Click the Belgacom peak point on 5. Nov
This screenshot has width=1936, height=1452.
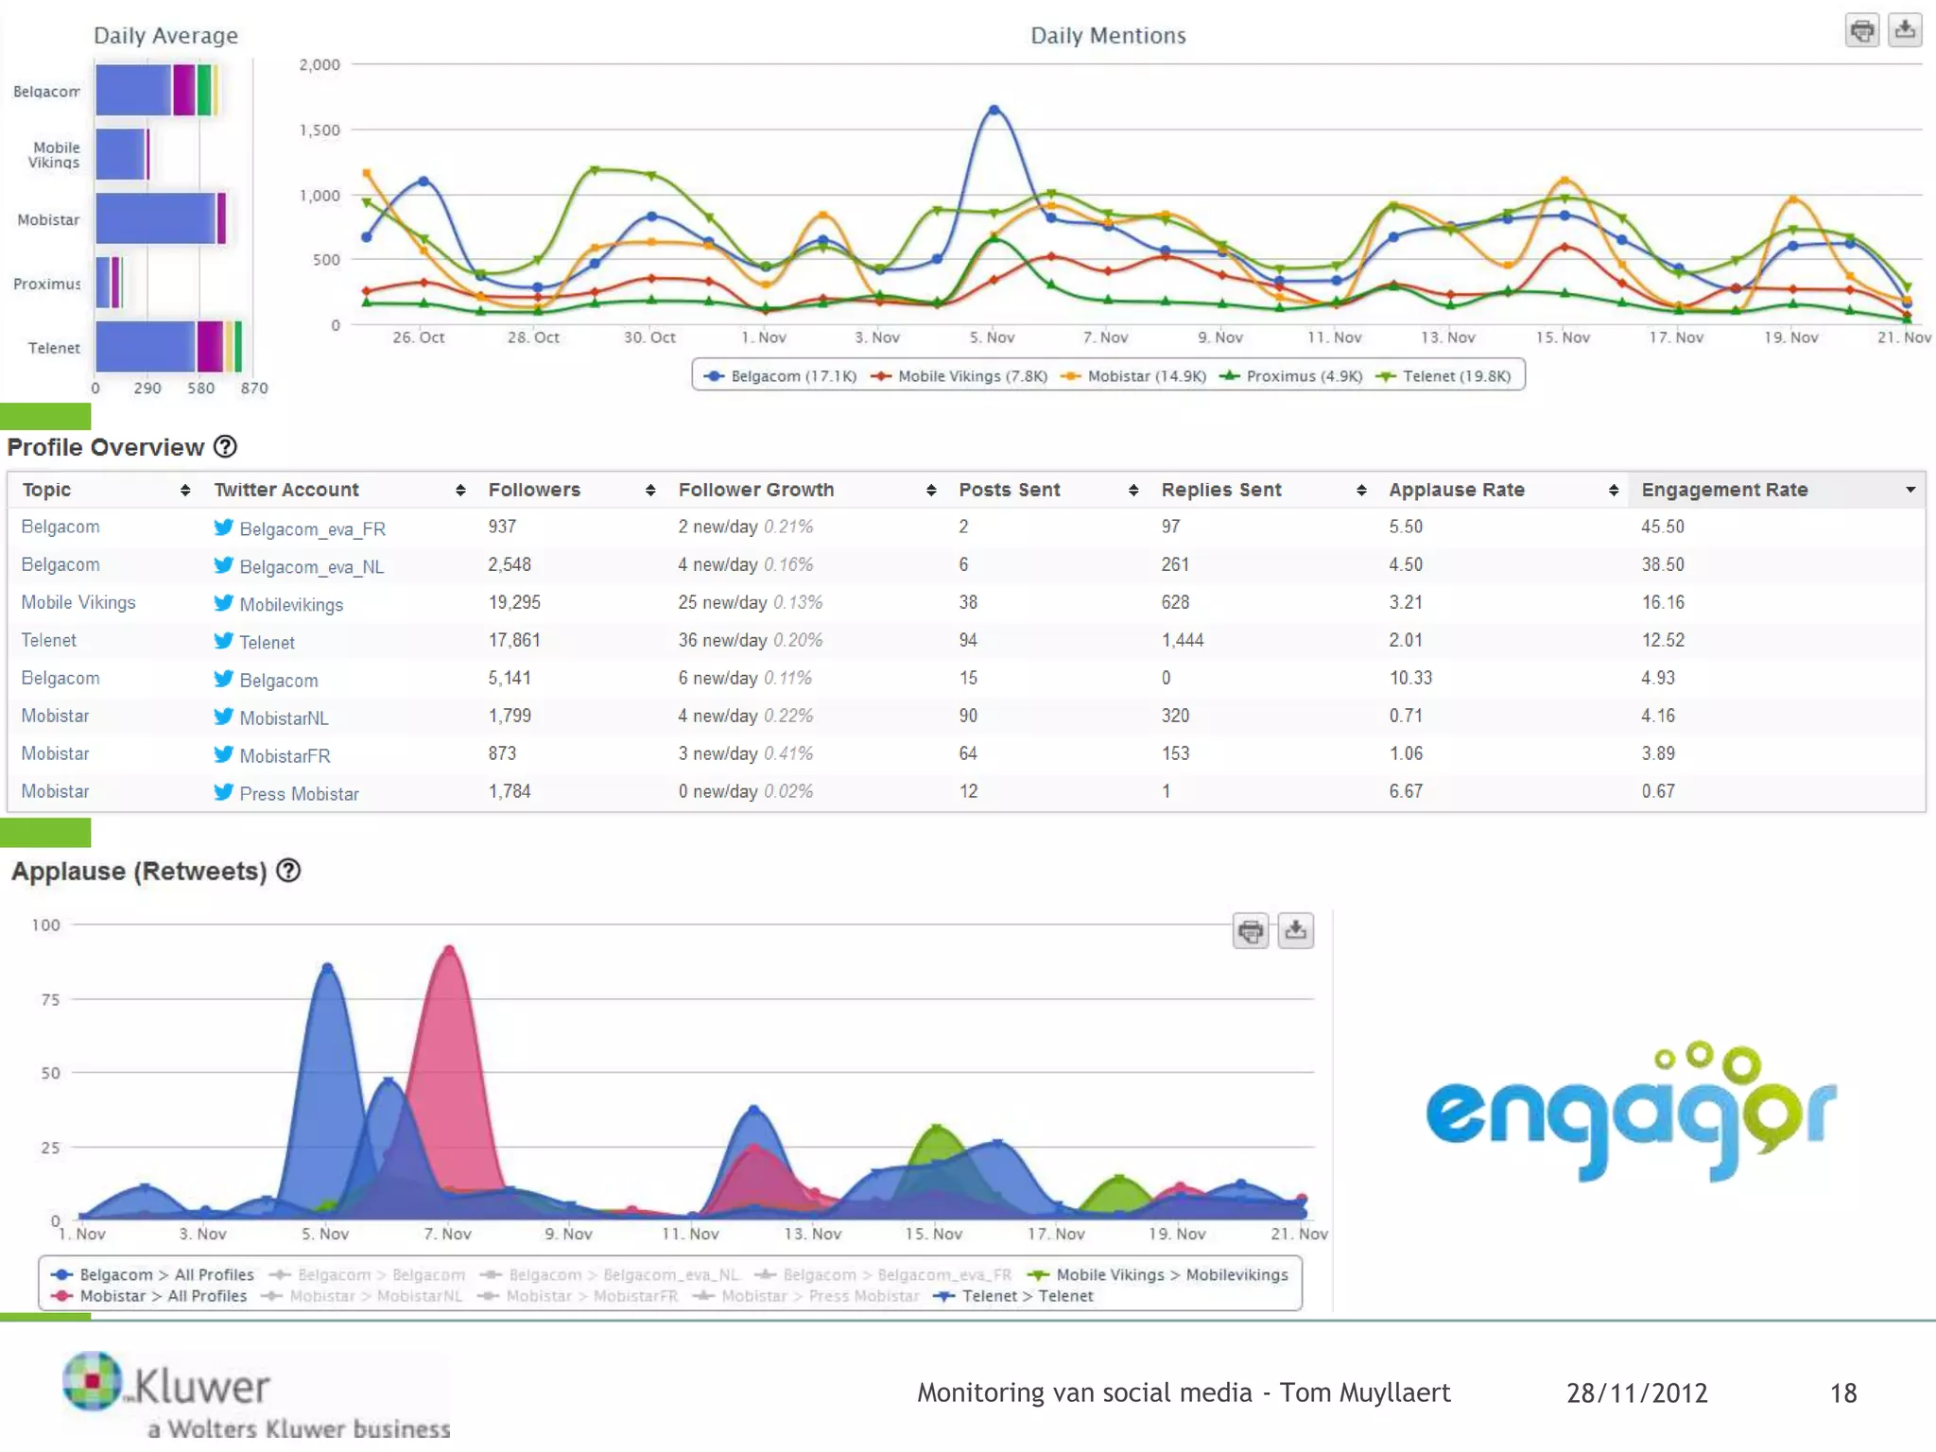coord(994,110)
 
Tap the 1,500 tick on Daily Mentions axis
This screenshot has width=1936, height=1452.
coord(320,130)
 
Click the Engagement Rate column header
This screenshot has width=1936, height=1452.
coord(1724,490)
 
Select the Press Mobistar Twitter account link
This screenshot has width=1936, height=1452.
coord(299,794)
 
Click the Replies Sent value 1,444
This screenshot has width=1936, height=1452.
coord(1183,640)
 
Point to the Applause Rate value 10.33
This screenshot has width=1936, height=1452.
coord(1410,678)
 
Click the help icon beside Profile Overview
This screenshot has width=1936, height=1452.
coord(225,447)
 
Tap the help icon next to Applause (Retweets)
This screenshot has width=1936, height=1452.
coord(288,871)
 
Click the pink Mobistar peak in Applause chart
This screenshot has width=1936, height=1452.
coord(449,948)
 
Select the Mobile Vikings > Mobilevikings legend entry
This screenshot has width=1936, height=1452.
coord(1170,1274)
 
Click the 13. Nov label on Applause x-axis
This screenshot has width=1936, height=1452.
coord(812,1234)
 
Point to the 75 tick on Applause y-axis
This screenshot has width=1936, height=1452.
coord(50,999)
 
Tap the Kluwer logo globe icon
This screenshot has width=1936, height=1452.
coord(92,1380)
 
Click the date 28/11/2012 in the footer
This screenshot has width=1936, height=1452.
coord(1636,1392)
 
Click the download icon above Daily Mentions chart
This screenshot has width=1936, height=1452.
coord(1904,30)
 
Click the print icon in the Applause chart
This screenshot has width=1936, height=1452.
coord(1250,931)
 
